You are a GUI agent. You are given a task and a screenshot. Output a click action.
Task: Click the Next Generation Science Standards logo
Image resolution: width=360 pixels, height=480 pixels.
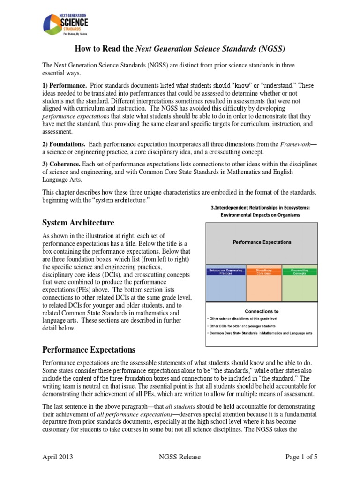click(65, 24)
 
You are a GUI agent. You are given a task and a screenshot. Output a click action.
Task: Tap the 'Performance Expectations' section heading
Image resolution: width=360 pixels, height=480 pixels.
click(89, 350)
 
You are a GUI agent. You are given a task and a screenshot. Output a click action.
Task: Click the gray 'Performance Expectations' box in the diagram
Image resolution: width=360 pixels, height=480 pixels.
click(262, 242)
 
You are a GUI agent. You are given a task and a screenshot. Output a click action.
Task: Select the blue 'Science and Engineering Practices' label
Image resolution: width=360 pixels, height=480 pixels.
click(226, 272)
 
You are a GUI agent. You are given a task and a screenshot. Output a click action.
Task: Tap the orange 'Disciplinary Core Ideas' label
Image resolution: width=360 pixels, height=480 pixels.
click(263, 272)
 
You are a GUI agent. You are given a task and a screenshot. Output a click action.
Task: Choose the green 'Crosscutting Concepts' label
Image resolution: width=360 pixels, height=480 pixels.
click(300, 272)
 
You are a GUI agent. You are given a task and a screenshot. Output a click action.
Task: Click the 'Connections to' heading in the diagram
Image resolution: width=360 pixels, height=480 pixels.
click(262, 311)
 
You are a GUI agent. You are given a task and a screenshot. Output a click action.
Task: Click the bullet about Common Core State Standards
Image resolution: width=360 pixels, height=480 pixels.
click(260, 333)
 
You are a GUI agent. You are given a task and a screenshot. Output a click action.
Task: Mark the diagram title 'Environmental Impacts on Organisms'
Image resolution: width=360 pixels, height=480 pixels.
click(262, 215)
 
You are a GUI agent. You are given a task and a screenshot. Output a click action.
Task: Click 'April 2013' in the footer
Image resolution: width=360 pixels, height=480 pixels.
click(58, 457)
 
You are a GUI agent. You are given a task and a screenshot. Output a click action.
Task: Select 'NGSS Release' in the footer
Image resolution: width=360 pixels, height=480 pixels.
click(180, 457)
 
